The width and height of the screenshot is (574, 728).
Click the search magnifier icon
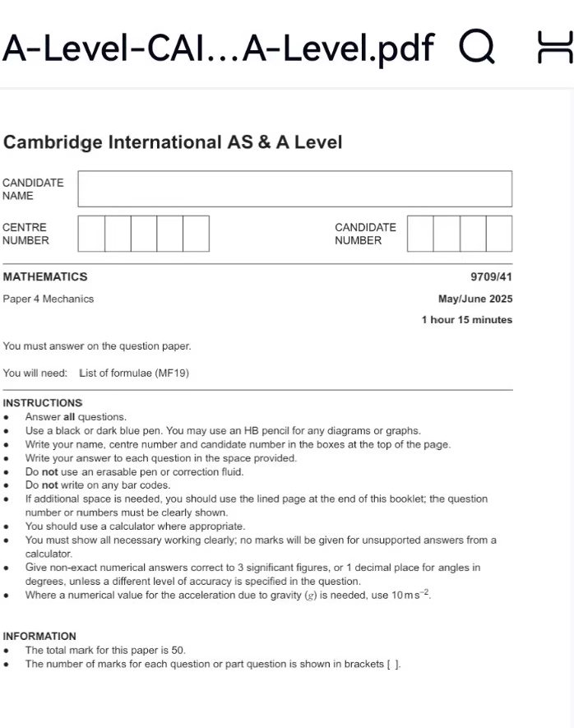click(478, 47)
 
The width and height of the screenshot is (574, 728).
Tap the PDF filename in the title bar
click(218, 48)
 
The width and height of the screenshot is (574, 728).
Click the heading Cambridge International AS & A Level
click(173, 142)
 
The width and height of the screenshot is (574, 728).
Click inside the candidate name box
click(294, 188)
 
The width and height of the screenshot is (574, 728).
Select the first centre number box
click(91, 234)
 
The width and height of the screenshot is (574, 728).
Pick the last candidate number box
click(498, 234)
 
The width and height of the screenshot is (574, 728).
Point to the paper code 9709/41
click(491, 277)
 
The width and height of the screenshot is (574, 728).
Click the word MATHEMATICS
click(45, 277)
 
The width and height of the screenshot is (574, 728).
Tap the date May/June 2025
click(475, 299)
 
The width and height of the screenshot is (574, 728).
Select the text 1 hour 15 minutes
click(466, 320)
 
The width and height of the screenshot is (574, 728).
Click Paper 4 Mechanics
click(49, 299)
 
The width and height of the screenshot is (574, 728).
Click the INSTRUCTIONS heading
click(43, 403)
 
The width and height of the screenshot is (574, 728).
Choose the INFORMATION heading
click(39, 636)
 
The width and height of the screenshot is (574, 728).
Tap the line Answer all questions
click(76, 417)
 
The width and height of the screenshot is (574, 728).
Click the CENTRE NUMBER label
click(25, 234)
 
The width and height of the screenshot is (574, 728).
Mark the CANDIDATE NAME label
click(33, 189)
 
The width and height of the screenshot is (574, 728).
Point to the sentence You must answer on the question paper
click(97, 346)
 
